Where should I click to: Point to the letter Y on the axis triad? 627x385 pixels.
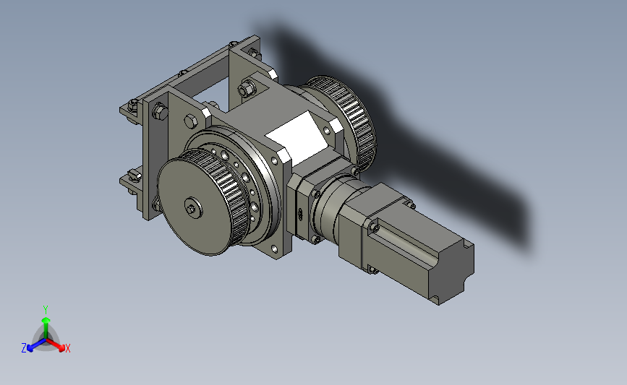(46, 310)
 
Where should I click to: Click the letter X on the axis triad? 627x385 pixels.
(67, 348)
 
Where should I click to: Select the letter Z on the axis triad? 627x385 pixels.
(24, 348)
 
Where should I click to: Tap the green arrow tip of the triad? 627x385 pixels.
(46, 320)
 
